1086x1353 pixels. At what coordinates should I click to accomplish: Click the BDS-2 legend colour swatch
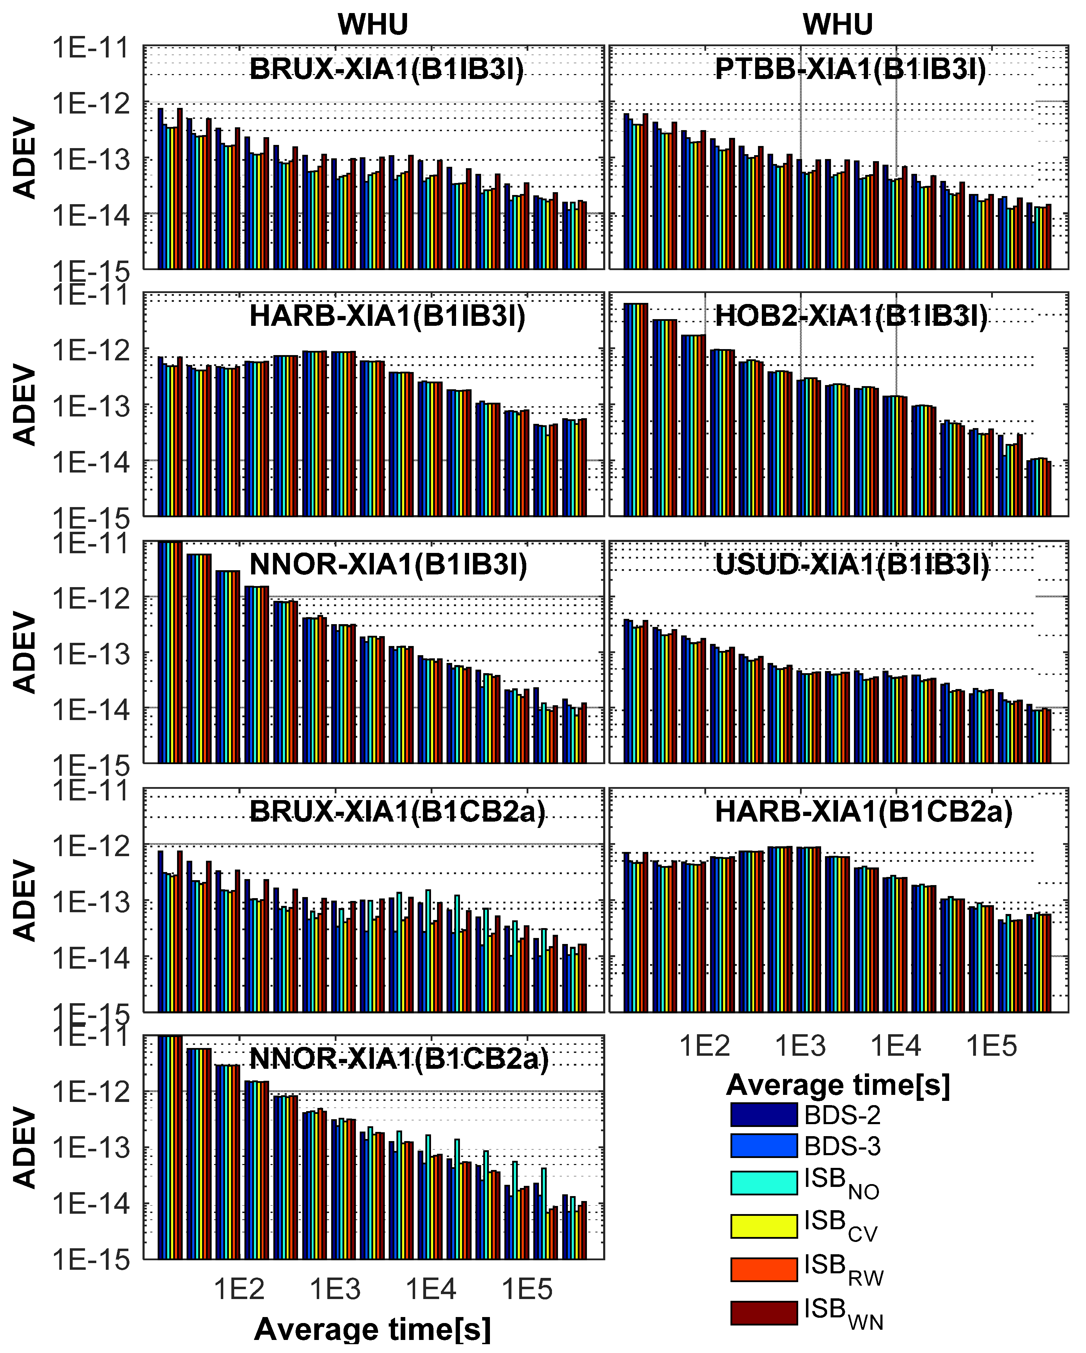click(763, 1115)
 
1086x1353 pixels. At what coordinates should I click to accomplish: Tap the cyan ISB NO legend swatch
click(763, 1182)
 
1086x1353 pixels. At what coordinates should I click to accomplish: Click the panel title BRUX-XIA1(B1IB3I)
click(387, 69)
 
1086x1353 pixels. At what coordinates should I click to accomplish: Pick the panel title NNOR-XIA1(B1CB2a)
click(399, 1059)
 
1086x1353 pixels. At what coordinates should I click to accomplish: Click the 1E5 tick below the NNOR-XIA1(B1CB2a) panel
click(527, 1290)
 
